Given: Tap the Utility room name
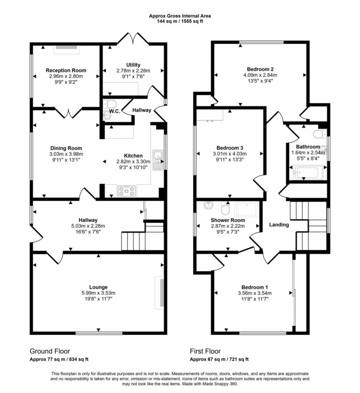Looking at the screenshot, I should pyautogui.click(x=133, y=65).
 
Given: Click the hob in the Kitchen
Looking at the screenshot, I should pyautogui.click(x=127, y=190).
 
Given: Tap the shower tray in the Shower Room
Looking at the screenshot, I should pyautogui.click(x=247, y=210).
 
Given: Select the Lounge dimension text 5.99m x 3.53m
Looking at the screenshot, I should pyautogui.click(x=98, y=293).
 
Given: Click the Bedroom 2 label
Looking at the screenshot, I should pyautogui.click(x=260, y=68).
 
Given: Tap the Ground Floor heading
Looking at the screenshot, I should pyautogui.click(x=50, y=351).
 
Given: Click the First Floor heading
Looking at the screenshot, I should pyautogui.click(x=205, y=351).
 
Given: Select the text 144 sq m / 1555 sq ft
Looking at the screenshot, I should pyautogui.click(x=180, y=21).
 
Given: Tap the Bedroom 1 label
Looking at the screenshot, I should pyautogui.click(x=255, y=287).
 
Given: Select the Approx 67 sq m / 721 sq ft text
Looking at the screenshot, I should pyautogui.click(x=219, y=360).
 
